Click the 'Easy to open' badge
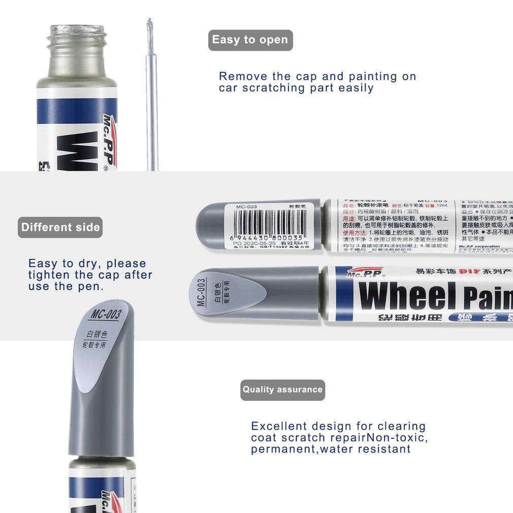pos(250,40)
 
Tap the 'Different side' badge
pos(60,227)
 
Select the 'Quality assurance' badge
pos(282,390)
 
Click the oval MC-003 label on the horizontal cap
pos(228,293)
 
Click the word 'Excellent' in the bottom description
pos(279,426)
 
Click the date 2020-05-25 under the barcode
pos(258,244)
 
